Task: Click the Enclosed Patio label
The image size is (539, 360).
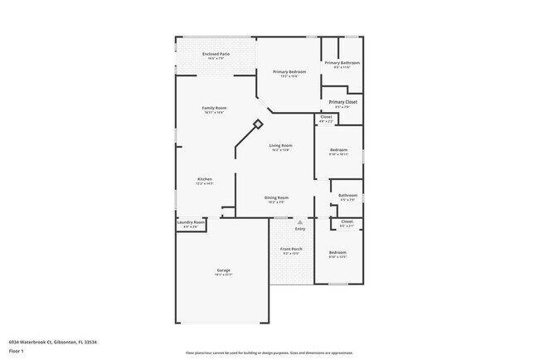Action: pyautogui.click(x=216, y=54)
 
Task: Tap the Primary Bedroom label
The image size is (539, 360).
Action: pyautogui.click(x=289, y=72)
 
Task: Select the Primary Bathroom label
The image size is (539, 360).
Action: pyautogui.click(x=342, y=63)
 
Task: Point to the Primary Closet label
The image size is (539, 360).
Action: pyautogui.click(x=342, y=102)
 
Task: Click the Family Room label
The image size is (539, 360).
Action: pyautogui.click(x=215, y=108)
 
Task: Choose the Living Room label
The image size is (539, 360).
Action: pyautogui.click(x=280, y=146)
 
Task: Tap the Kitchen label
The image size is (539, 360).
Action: pyautogui.click(x=204, y=180)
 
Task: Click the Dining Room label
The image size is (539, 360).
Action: pyautogui.click(x=276, y=197)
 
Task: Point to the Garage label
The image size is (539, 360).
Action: pyautogui.click(x=224, y=270)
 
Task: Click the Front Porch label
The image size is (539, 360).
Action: pyautogui.click(x=292, y=249)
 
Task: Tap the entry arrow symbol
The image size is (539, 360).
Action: pyautogui.click(x=300, y=221)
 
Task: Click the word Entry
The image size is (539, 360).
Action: pyautogui.click(x=300, y=229)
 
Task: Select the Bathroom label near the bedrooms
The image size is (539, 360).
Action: pyautogui.click(x=347, y=196)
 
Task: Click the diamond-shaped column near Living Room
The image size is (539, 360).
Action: pyautogui.click(x=258, y=124)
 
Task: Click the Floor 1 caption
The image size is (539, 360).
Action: pyautogui.click(x=17, y=352)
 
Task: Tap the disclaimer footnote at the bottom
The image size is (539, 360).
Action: pyautogui.click(x=269, y=353)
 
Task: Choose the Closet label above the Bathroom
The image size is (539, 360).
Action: pyautogui.click(x=326, y=117)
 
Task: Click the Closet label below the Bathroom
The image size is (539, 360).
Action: pyautogui.click(x=347, y=221)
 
